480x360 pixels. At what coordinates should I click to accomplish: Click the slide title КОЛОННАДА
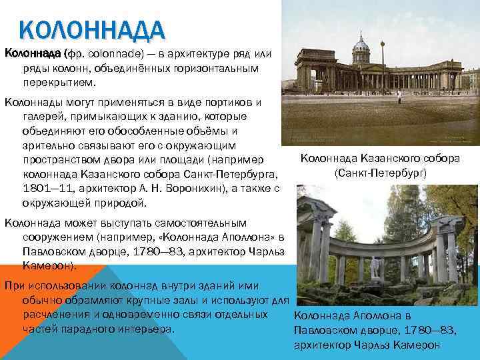(92, 31)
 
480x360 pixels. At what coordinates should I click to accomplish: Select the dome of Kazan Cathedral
(360, 45)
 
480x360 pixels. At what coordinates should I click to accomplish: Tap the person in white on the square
(399, 99)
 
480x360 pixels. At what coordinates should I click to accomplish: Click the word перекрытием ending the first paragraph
(59, 83)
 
